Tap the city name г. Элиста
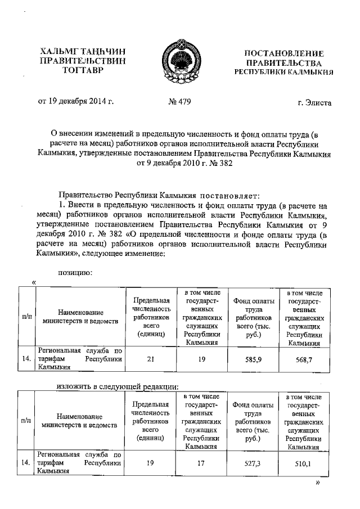click(x=314, y=102)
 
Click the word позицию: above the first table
click(x=76, y=273)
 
